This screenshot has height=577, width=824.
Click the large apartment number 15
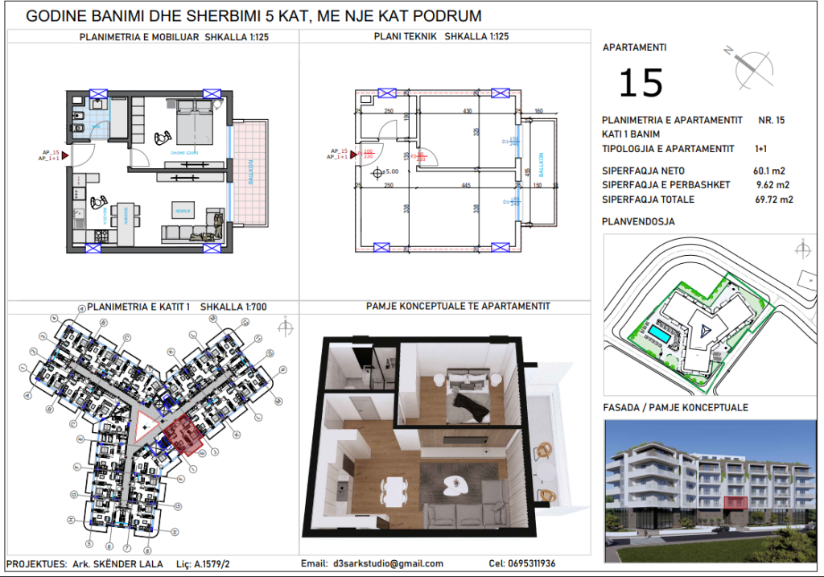tap(641, 83)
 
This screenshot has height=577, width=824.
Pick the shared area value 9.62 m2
tap(771, 185)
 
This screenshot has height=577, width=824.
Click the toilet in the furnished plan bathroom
tap(77, 129)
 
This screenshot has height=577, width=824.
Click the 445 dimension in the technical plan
tap(465, 186)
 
